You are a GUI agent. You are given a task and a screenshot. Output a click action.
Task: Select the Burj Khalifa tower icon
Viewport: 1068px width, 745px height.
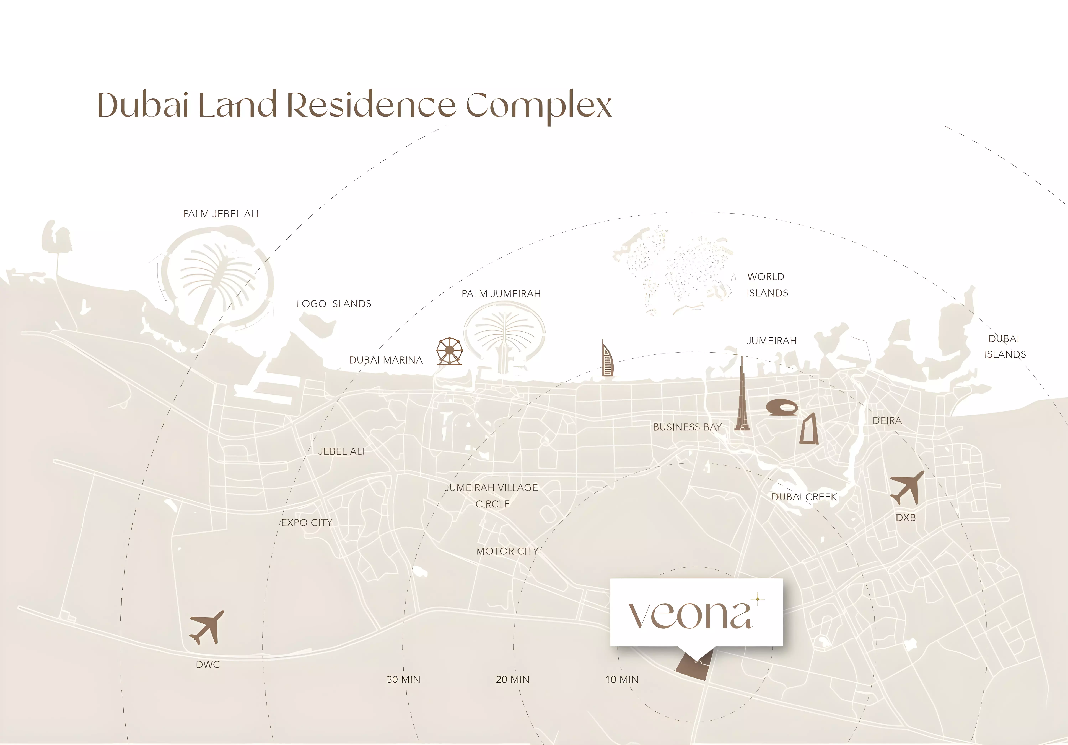click(x=742, y=395)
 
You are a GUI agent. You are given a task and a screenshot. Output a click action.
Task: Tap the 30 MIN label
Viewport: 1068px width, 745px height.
click(x=403, y=679)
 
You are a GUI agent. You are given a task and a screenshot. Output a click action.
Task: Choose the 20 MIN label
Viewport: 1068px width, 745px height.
click(x=513, y=679)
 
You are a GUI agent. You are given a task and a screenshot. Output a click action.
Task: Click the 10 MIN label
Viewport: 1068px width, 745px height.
click(x=622, y=679)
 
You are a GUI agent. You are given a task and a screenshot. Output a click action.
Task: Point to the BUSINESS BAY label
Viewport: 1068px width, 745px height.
click(x=687, y=427)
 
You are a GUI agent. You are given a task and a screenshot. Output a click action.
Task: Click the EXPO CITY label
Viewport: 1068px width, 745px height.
click(x=307, y=523)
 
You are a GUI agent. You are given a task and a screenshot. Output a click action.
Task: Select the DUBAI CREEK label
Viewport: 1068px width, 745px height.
click(x=804, y=497)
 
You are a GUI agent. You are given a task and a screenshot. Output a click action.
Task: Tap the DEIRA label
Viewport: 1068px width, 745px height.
click(x=887, y=421)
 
